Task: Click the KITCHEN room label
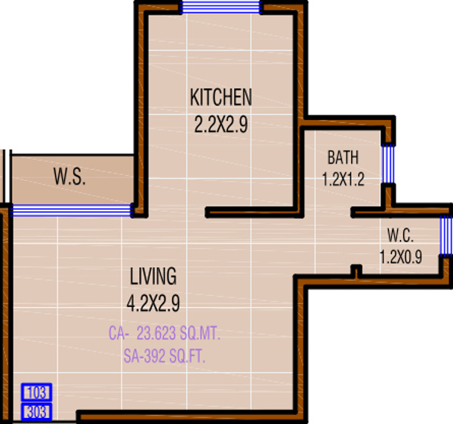click(x=220, y=98)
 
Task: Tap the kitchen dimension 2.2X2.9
click(x=220, y=124)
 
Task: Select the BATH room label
click(x=343, y=158)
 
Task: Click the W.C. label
click(x=400, y=234)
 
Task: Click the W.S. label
click(x=69, y=179)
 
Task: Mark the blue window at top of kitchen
click(x=220, y=7)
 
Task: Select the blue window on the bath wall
click(x=388, y=164)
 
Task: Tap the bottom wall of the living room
click(x=193, y=416)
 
